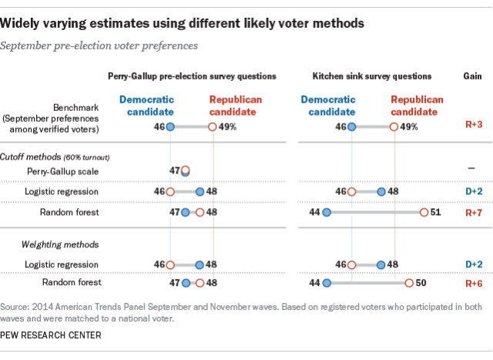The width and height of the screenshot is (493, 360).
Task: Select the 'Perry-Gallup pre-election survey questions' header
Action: coord(191,77)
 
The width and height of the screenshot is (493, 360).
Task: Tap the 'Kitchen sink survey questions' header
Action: coord(372,77)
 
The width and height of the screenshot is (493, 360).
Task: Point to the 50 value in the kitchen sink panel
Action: coord(421,284)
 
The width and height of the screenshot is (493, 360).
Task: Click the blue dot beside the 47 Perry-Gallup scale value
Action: coord(185,170)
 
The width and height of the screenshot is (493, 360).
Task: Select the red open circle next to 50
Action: coord(409,284)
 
